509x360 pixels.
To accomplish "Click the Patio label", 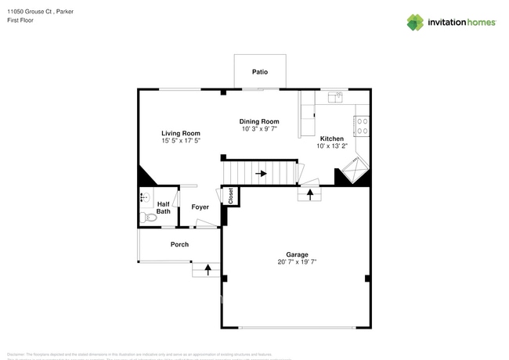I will click(260, 72).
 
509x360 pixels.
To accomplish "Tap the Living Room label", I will click(181, 133).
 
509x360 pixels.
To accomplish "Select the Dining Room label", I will click(259, 121).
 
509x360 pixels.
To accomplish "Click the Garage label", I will click(297, 254).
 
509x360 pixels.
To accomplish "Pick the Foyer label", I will click(200, 207).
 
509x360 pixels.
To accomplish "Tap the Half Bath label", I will click(163, 207).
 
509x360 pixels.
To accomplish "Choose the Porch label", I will click(179, 244).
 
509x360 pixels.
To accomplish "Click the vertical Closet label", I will click(231, 196).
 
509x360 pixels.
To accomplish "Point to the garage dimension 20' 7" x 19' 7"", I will click(297, 262).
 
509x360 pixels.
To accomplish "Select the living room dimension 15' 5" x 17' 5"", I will click(181, 141).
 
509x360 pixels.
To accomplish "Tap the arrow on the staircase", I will click(261, 173).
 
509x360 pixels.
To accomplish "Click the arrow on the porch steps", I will click(208, 270).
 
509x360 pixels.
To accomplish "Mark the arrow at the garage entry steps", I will click(310, 192).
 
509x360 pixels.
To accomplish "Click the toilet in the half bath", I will click(143, 217).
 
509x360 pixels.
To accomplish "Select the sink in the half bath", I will click(143, 197).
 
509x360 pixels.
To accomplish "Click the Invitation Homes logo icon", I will click(414, 22).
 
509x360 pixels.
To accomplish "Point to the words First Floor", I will click(21, 20).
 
